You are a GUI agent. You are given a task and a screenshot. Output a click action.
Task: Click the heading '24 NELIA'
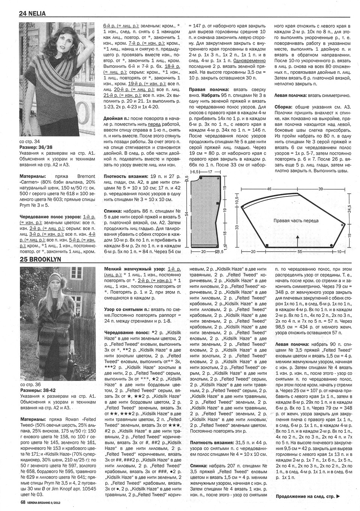(32, 13)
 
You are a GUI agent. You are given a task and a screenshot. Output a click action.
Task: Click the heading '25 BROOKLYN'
(40, 259)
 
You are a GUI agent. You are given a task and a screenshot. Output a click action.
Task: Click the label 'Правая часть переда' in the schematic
(296, 221)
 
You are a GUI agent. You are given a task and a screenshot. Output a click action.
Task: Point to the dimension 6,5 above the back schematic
(195, 171)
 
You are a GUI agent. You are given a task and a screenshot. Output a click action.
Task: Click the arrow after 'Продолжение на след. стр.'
(339, 497)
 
